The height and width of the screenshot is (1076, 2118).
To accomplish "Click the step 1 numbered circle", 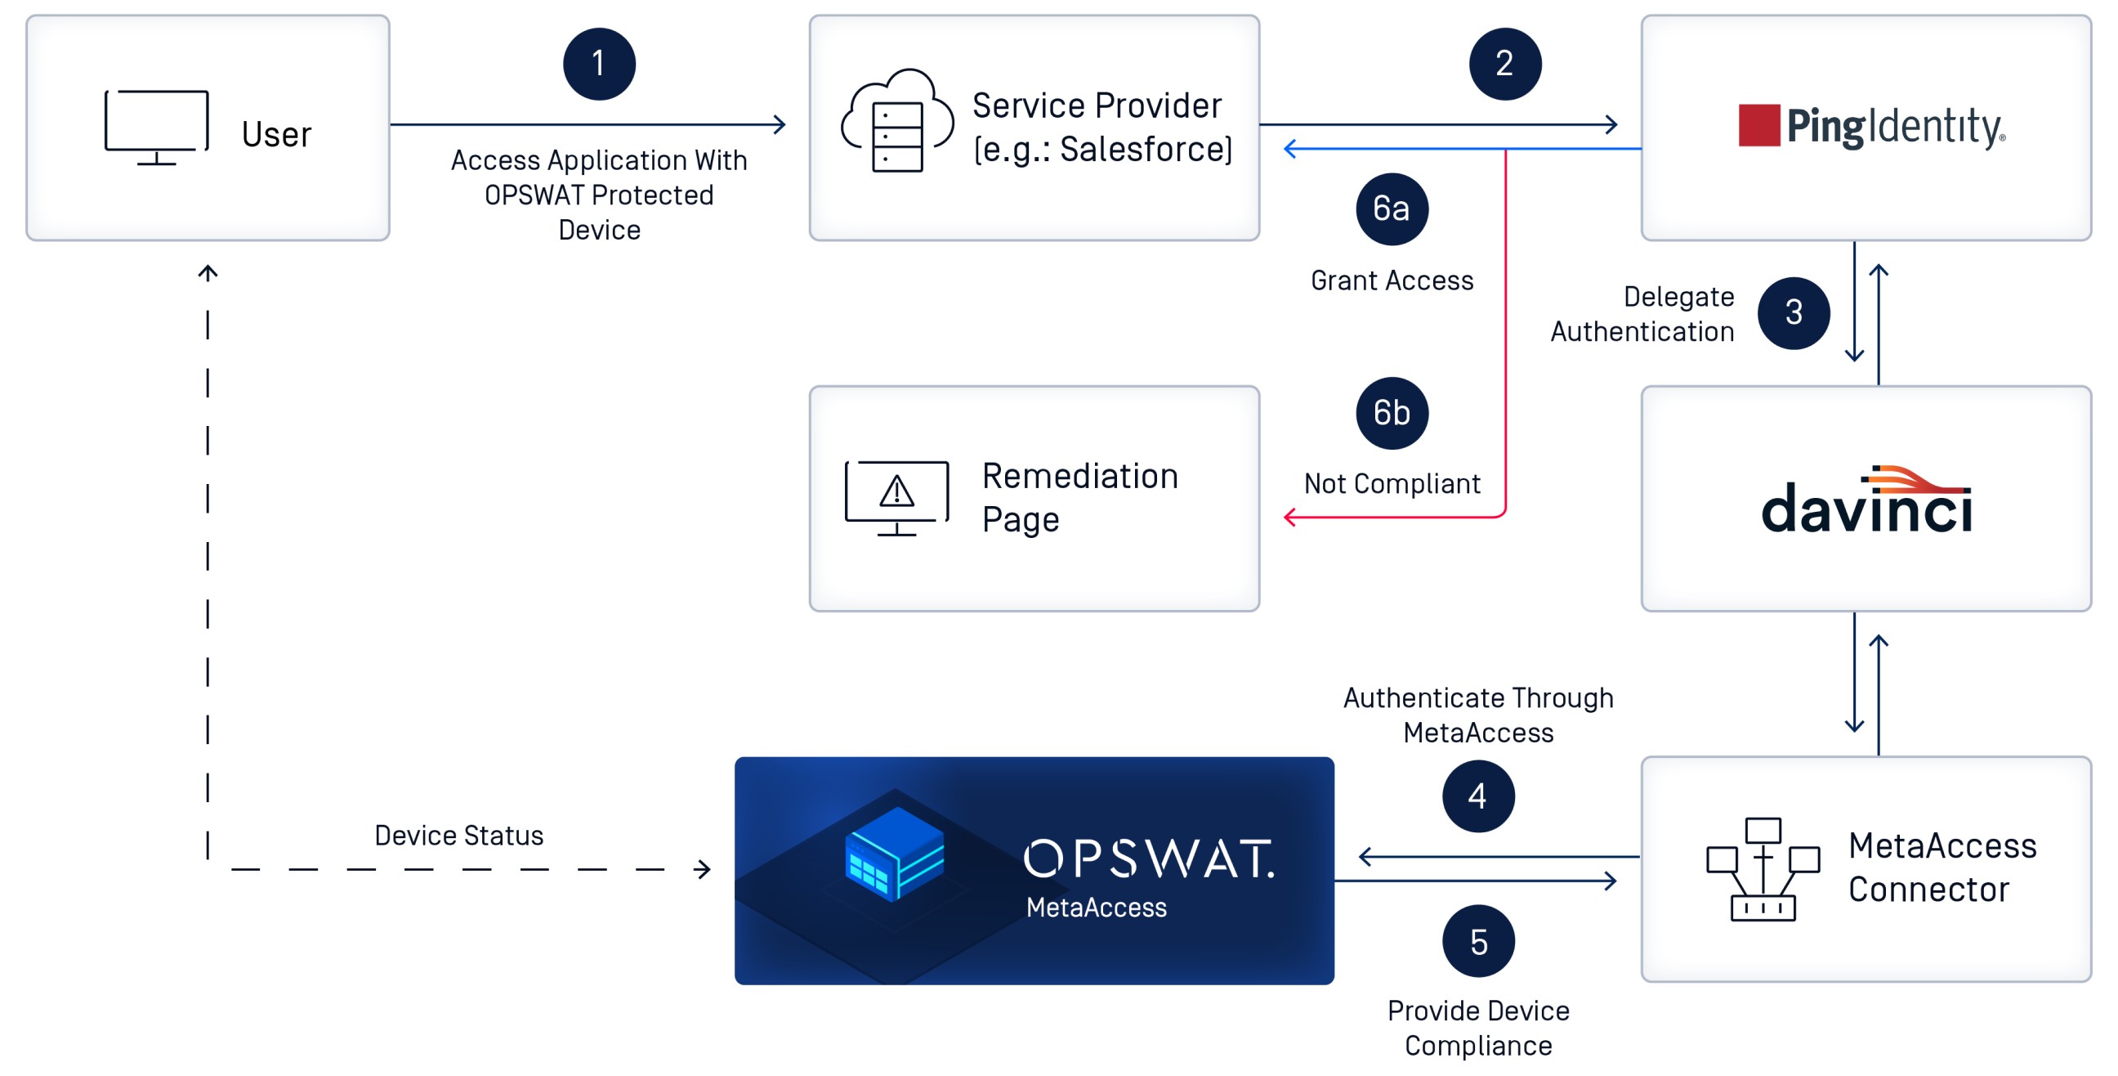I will [x=599, y=64].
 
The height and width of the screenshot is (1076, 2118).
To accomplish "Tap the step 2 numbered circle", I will [x=1504, y=64].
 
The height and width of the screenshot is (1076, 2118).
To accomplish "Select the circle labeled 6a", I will [x=1392, y=209].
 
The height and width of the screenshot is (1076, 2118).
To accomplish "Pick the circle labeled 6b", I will [x=1392, y=413].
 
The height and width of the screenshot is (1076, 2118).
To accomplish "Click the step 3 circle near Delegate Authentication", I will [x=1794, y=312].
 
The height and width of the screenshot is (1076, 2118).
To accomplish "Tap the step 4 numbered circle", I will [x=1477, y=796].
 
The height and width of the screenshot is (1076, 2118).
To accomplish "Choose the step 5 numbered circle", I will [x=1477, y=941].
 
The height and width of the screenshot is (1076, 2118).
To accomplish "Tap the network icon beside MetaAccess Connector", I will [x=1762, y=868].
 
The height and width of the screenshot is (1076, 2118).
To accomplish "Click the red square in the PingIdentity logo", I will [x=1758, y=126].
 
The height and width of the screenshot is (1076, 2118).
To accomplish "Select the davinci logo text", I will [x=1866, y=504].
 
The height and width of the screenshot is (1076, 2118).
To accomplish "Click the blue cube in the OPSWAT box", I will [x=896, y=854].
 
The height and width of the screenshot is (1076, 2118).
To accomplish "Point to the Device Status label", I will [x=458, y=836].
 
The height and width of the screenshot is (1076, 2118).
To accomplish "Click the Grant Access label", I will [x=1392, y=281].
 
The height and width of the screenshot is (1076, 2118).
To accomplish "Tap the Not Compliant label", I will [x=1392, y=484].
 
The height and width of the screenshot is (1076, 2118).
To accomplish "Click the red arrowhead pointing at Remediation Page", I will [x=1290, y=518].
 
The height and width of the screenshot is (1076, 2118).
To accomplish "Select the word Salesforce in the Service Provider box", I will [x=1146, y=150].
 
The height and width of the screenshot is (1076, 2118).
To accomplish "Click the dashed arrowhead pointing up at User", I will [x=208, y=272].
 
